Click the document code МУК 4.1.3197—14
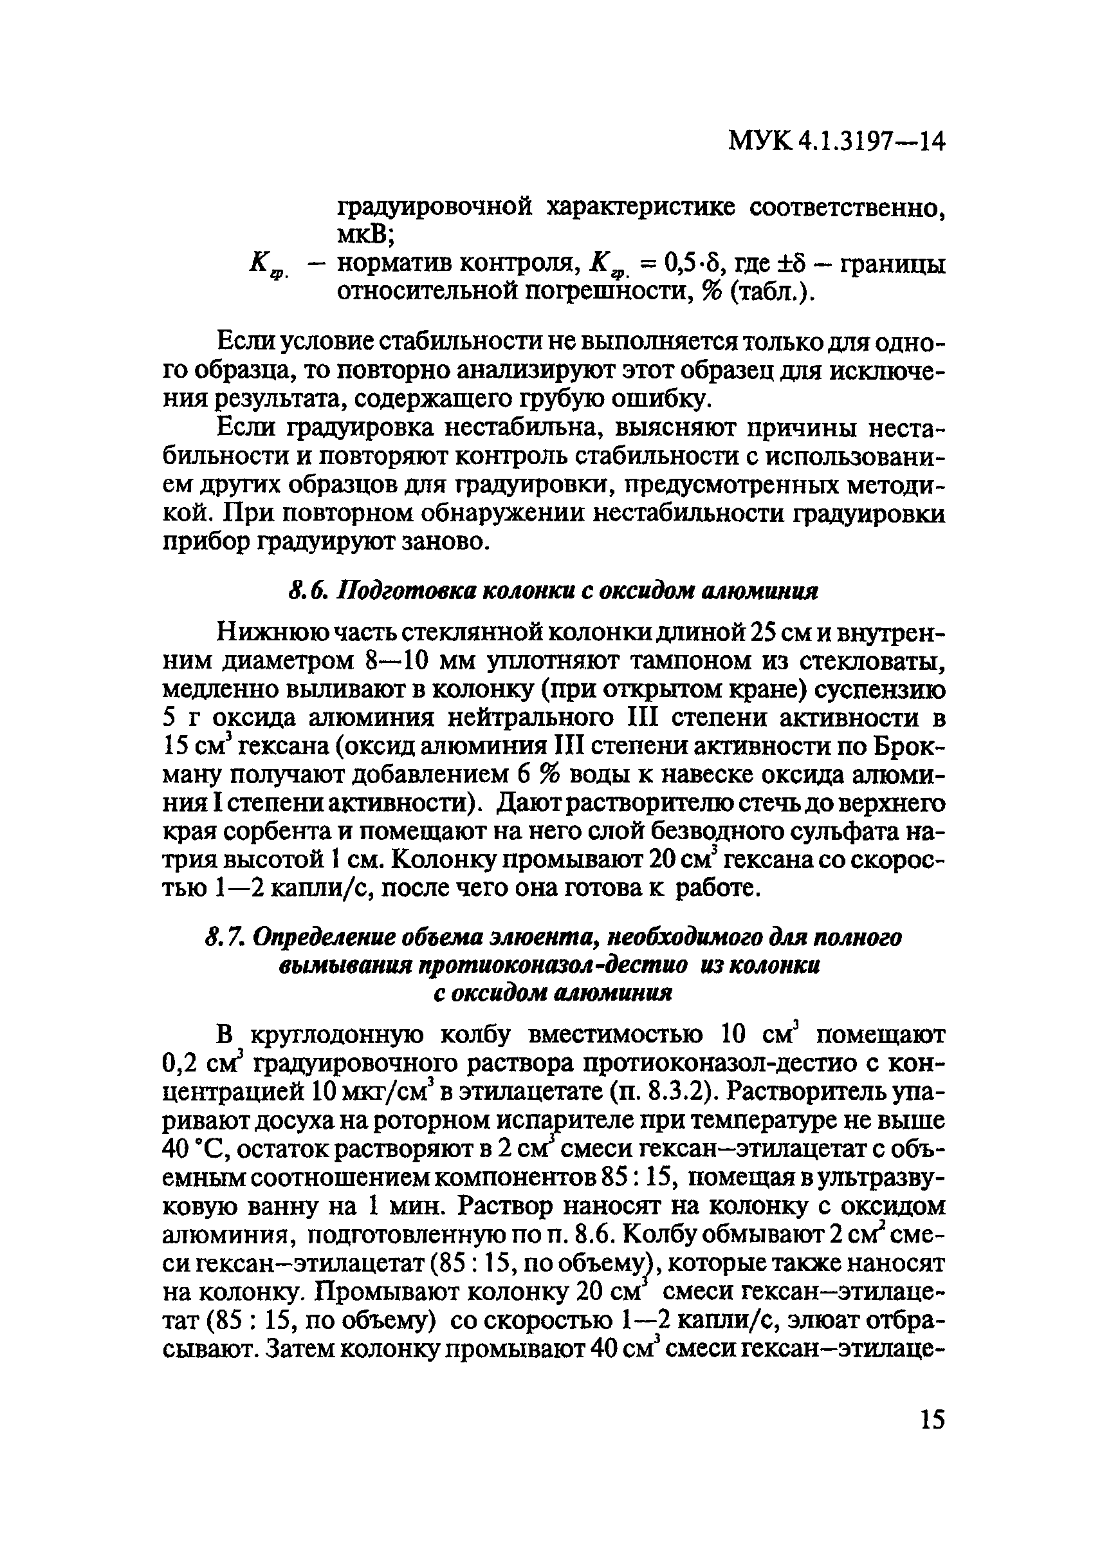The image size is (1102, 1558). (836, 141)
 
